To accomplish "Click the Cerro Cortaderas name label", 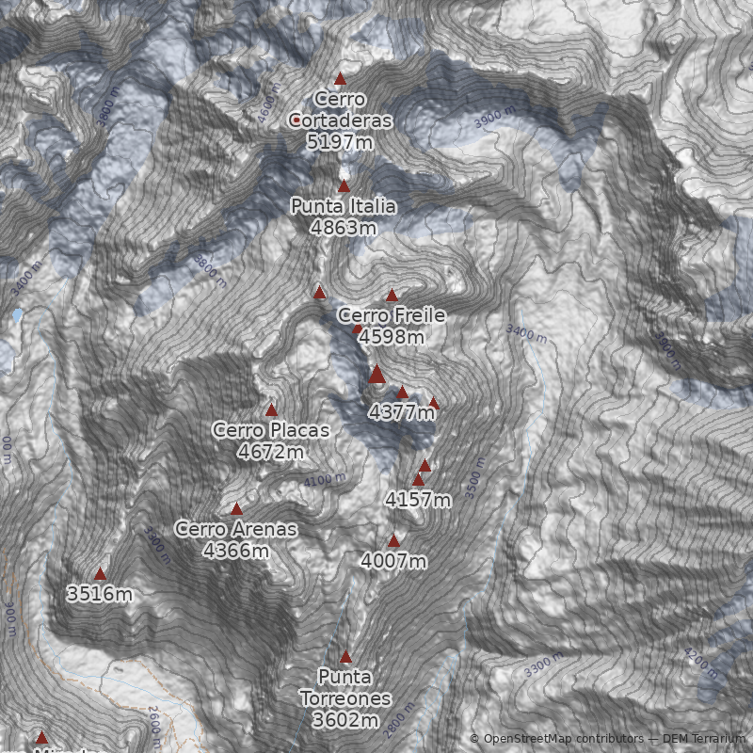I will click(x=340, y=109).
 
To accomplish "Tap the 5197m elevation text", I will click(x=340, y=142).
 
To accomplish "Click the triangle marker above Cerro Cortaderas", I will click(x=340, y=79).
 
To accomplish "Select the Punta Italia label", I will click(x=343, y=206).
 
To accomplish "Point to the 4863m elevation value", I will click(x=343, y=227).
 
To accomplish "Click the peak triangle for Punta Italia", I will click(x=344, y=186).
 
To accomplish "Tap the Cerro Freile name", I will click(x=391, y=315).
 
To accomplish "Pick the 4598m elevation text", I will click(x=391, y=336).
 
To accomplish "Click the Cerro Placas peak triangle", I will click(x=271, y=409).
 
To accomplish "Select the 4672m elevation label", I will click(x=271, y=452).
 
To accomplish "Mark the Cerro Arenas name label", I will click(x=235, y=529).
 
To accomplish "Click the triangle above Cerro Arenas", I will click(x=236, y=509).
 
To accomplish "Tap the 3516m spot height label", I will click(x=99, y=594).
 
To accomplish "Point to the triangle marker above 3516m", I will click(x=100, y=573).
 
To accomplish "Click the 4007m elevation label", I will click(x=393, y=561).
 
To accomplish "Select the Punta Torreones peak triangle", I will click(x=345, y=657).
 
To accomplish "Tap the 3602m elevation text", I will click(x=344, y=721).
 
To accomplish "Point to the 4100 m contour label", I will click(x=325, y=480).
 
